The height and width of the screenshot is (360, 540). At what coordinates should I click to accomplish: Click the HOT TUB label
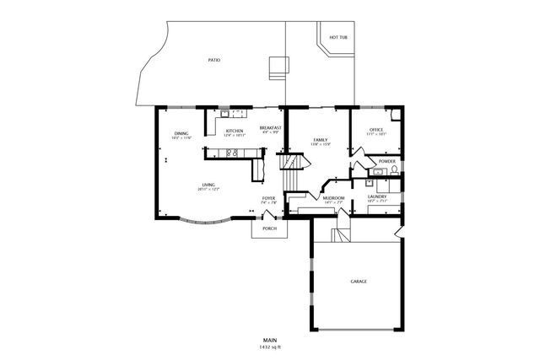point(339,38)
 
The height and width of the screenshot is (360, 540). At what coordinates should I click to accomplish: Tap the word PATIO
point(214,61)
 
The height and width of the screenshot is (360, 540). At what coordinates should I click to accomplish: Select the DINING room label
point(181,133)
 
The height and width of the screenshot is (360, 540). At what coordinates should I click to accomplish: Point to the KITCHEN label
point(235,131)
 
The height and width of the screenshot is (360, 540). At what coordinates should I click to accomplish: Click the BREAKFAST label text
point(271,127)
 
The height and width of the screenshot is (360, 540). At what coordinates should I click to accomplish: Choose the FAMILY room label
point(321,140)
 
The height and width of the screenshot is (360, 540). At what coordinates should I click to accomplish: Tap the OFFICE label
point(376,129)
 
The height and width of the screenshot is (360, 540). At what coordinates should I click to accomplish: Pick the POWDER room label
point(387,161)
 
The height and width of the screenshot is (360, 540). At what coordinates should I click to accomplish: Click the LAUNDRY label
point(377,196)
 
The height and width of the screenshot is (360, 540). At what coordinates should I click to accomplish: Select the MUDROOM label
point(334,198)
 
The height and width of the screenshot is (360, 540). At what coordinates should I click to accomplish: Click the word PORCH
point(269,228)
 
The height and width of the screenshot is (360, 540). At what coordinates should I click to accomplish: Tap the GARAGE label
point(359,281)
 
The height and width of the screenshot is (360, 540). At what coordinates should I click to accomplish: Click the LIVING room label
point(208,185)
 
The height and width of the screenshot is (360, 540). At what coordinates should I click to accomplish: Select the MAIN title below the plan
point(269,340)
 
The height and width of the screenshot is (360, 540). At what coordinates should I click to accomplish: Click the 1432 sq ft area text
point(269,347)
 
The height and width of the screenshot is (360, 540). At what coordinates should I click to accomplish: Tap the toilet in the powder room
point(394,171)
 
